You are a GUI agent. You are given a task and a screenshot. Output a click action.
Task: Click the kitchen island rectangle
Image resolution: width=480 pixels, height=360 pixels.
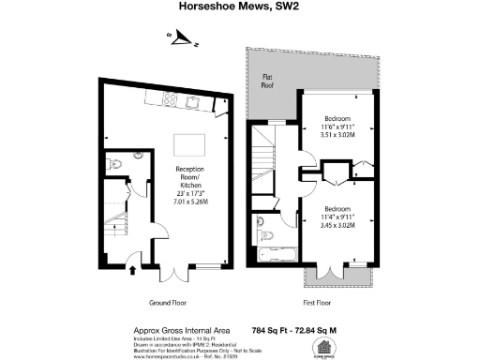click(x=190, y=144)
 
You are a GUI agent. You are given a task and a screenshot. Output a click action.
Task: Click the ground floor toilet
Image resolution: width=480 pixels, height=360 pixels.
click(x=113, y=165)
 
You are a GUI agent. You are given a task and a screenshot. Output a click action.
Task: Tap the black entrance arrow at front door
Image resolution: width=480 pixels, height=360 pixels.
click(x=131, y=271)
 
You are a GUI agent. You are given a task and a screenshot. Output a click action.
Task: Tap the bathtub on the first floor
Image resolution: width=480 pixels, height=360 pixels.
click(x=275, y=254)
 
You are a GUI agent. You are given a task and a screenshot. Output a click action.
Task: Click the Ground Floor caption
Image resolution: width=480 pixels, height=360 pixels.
click(x=172, y=303)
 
